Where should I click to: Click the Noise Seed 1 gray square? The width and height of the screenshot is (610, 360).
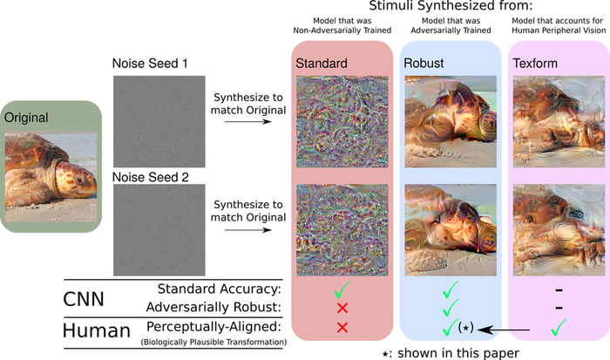[x=159, y=122]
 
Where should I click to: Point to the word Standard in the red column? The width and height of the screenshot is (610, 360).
[x=322, y=64]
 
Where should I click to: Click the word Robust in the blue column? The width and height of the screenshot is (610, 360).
[x=424, y=64]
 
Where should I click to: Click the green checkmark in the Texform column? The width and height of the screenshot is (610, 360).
[x=558, y=326]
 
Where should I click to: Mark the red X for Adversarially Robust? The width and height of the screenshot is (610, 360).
[x=342, y=307]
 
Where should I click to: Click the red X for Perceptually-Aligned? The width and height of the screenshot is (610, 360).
[x=342, y=327]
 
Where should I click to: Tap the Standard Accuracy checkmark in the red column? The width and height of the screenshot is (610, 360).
[x=342, y=288]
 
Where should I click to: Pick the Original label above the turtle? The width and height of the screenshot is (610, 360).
[x=27, y=117]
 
